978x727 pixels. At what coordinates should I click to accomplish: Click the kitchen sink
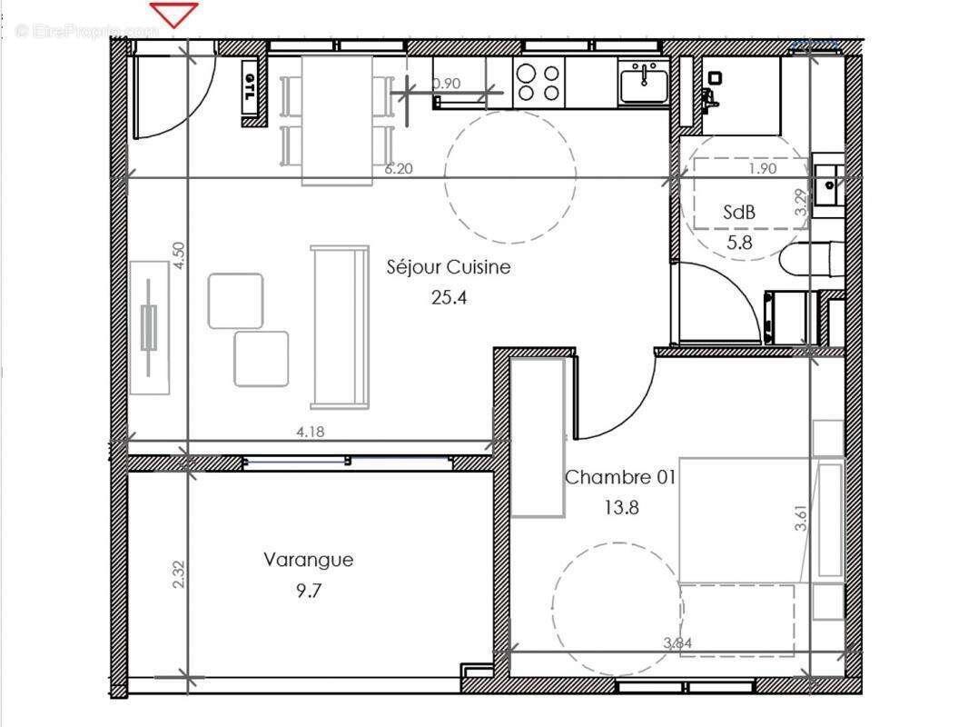click(x=644, y=85)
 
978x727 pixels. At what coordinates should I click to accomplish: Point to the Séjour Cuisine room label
click(x=449, y=267)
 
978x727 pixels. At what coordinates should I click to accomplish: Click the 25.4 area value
click(x=449, y=297)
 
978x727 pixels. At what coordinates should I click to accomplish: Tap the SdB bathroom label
click(x=739, y=212)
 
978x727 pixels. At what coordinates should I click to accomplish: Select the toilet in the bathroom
click(x=811, y=259)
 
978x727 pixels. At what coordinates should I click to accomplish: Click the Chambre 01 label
click(x=620, y=477)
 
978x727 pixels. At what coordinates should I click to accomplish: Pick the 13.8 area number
click(x=621, y=507)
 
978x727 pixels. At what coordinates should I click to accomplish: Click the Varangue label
click(x=308, y=560)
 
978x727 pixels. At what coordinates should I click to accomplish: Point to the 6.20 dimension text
click(x=398, y=168)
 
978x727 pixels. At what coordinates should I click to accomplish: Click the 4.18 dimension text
click(x=311, y=432)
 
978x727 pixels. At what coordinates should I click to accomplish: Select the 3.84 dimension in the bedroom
click(x=677, y=643)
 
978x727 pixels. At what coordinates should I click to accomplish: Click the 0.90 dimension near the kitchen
click(x=447, y=84)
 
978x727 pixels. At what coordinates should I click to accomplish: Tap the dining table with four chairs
click(x=337, y=119)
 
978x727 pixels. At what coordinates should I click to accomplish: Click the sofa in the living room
click(x=340, y=326)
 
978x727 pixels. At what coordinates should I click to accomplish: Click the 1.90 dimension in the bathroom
click(x=763, y=168)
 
